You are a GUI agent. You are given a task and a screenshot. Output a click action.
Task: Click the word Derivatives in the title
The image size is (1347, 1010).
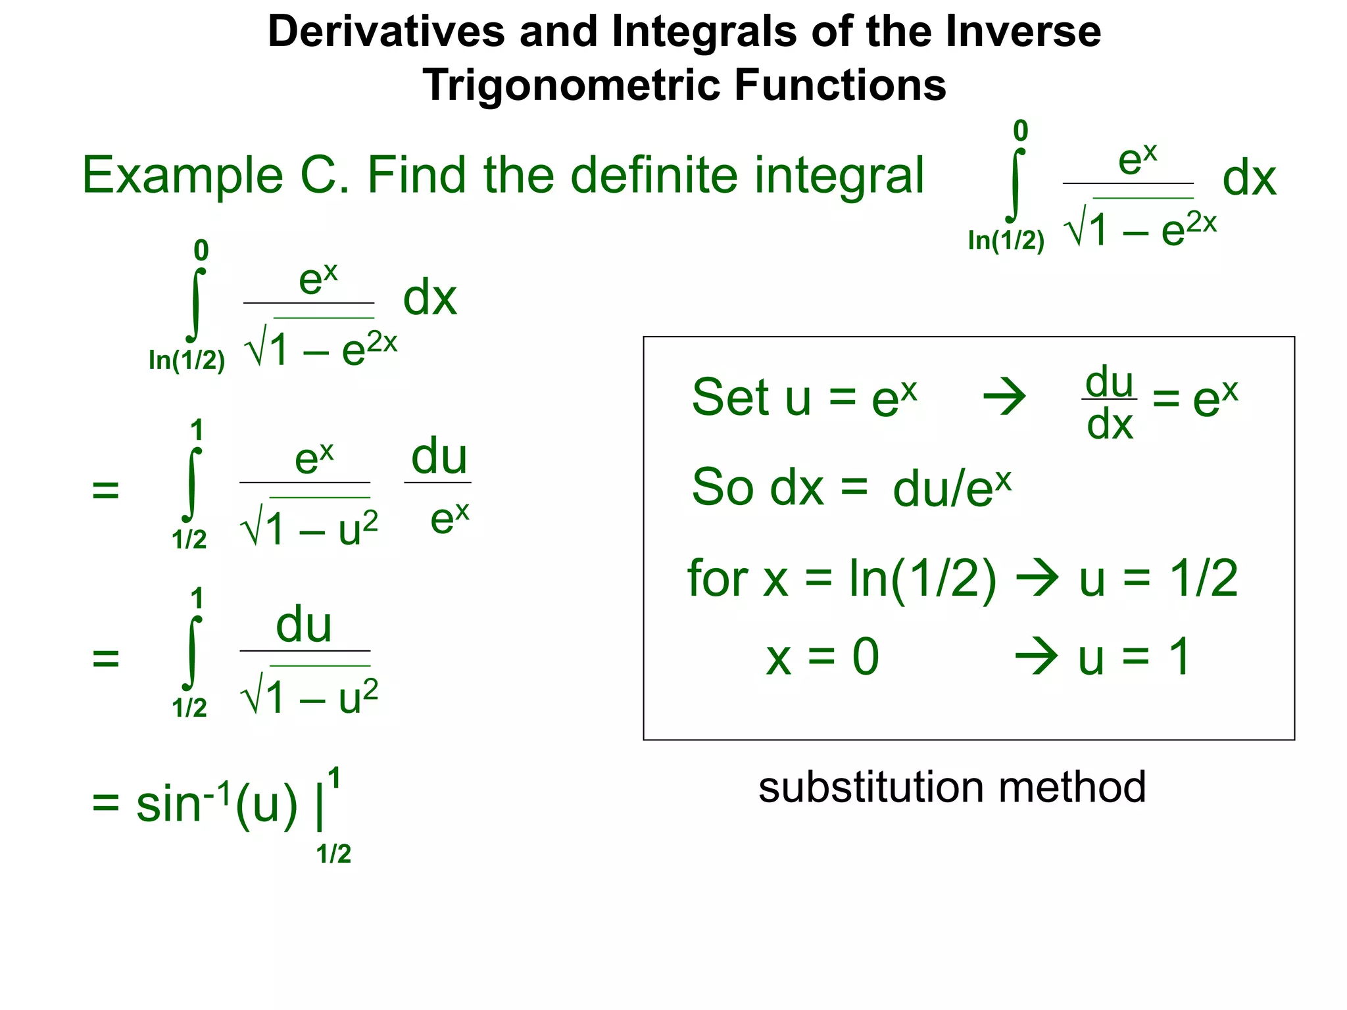386,32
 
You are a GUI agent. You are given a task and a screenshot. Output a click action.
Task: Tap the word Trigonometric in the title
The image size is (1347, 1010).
571,85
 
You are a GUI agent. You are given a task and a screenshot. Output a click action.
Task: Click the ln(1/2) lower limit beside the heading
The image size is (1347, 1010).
1006,241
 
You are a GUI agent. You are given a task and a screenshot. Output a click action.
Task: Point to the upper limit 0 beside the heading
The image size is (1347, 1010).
1020,131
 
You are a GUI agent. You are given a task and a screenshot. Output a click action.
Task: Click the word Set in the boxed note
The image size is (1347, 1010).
729,397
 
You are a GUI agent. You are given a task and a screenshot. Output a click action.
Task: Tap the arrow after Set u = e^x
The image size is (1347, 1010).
1004,397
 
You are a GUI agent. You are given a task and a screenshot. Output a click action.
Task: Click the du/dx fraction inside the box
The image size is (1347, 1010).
1110,402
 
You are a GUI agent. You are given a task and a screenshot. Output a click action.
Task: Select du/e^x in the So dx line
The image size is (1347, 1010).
951,488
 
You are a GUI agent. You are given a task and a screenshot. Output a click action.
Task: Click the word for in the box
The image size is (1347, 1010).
718,578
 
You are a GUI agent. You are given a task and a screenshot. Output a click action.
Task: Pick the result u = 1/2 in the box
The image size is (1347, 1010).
1158,579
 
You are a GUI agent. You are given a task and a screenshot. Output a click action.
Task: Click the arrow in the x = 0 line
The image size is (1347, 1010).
1037,656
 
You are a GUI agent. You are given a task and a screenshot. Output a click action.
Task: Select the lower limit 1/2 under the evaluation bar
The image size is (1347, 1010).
333,854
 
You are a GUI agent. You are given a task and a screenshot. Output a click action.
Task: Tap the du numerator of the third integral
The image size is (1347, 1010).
303,625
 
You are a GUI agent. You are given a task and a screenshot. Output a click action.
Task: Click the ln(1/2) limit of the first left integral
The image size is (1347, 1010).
187,360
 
